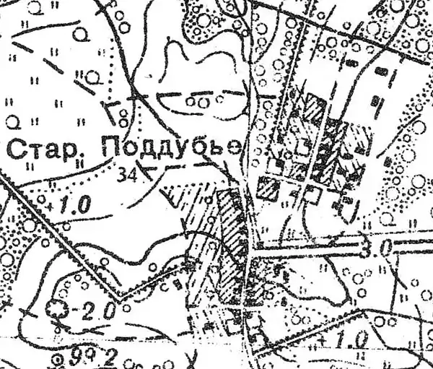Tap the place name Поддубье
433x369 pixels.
coord(171,149)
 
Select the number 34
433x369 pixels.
coord(127,173)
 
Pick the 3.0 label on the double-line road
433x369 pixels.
coord(382,248)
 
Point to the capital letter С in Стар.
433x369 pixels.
coord(14,150)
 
